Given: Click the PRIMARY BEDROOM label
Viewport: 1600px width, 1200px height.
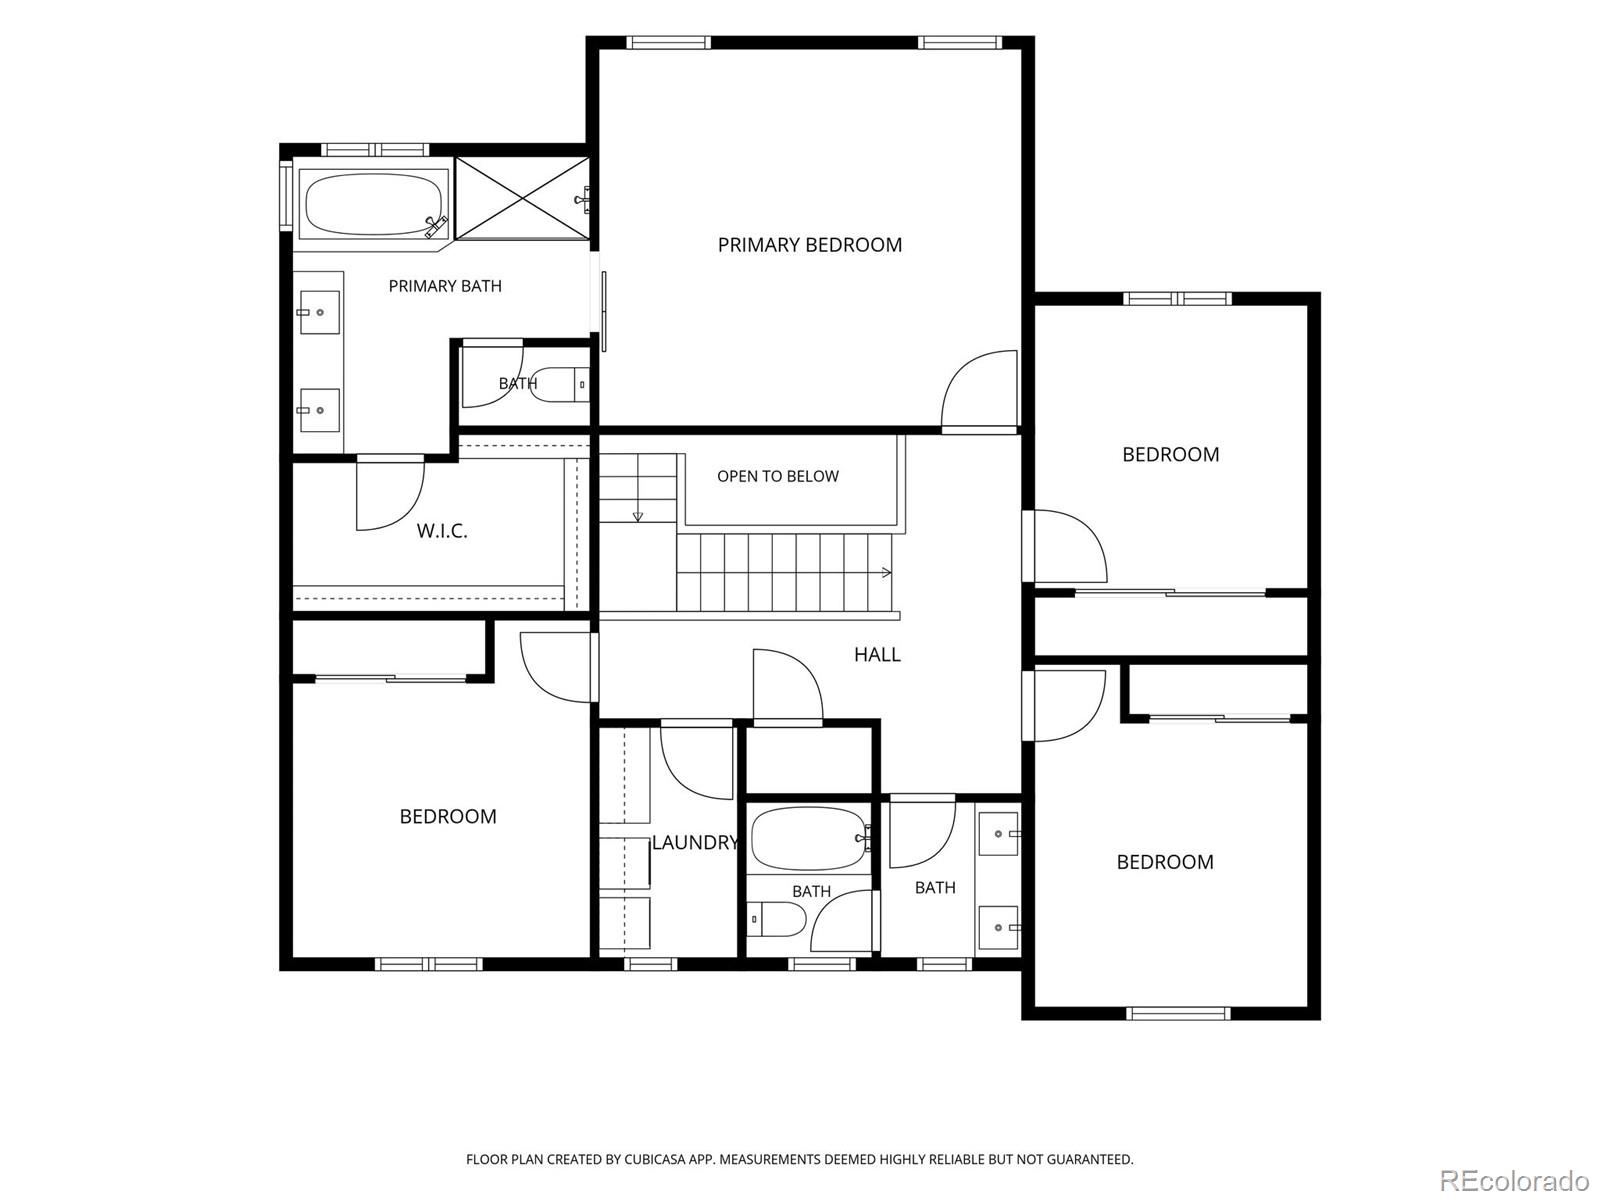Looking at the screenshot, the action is (x=809, y=245).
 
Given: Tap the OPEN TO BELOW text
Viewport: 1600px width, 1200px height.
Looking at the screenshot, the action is (x=778, y=477).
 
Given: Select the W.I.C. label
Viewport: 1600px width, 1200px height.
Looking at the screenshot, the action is (x=442, y=530).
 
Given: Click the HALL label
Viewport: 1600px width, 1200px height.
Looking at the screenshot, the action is (x=877, y=654).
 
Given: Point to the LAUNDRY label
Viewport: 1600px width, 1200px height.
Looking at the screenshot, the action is (x=695, y=842).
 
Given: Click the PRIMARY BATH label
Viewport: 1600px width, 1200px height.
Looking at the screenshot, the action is (x=445, y=286).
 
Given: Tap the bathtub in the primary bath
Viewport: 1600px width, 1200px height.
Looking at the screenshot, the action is (x=372, y=203).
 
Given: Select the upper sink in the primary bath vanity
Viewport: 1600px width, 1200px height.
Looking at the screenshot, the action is (x=319, y=313).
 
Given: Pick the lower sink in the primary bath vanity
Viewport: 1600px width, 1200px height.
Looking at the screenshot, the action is (x=319, y=410).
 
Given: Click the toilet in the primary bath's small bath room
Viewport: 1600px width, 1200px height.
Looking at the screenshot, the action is (x=560, y=384).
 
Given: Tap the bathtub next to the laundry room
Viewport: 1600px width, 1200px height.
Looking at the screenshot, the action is (x=809, y=838).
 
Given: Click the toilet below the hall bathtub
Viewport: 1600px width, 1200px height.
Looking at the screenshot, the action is (x=777, y=919).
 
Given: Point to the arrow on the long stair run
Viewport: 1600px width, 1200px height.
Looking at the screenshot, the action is (x=886, y=572).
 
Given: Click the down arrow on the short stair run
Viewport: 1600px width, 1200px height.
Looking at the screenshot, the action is (x=638, y=516).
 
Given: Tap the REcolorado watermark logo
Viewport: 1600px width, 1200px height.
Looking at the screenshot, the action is (x=1515, y=1180).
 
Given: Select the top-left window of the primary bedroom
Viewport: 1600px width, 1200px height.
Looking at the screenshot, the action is (x=668, y=43).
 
